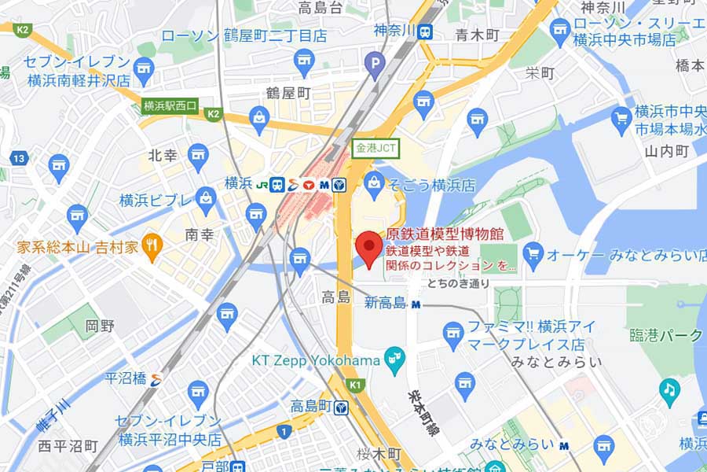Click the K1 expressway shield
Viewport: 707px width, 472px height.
point(356,385)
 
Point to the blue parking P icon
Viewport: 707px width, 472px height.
point(377,60)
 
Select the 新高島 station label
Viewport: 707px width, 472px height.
point(384,303)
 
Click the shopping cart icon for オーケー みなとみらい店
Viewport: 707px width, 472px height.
point(533,253)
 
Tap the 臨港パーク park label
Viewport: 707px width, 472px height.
point(665,335)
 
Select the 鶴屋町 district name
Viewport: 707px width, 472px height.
point(288,94)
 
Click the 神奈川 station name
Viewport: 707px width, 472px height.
point(393,31)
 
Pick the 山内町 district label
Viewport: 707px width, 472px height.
point(666,150)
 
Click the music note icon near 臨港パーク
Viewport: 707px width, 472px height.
point(669,389)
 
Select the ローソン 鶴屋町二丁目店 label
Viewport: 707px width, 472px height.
point(244,35)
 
